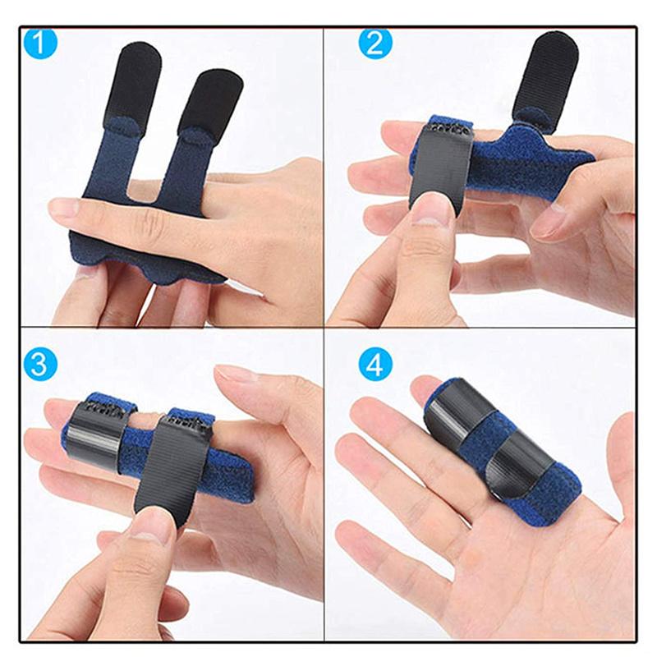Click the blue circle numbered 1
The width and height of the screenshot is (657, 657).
click(x=40, y=43)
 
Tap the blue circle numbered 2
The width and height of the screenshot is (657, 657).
click(x=375, y=44)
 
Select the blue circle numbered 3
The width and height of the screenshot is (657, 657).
click(x=39, y=364)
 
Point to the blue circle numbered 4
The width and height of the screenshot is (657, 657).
click(x=375, y=364)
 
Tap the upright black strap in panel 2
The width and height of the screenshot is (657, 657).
click(x=548, y=80)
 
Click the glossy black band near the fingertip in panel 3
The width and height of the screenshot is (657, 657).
click(x=95, y=438)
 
